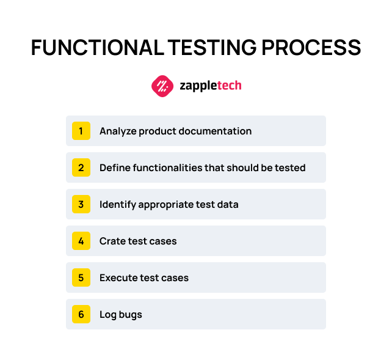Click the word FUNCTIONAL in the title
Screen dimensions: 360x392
(x=95, y=48)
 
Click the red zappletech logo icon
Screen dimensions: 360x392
(x=162, y=86)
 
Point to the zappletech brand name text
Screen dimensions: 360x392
(x=211, y=86)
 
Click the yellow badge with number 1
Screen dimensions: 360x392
(x=81, y=131)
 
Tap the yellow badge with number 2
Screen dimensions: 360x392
(x=81, y=167)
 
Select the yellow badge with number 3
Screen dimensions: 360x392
(x=81, y=204)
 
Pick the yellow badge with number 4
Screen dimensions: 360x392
(x=81, y=241)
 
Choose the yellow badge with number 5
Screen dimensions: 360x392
(x=81, y=277)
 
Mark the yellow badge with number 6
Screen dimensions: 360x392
(x=81, y=314)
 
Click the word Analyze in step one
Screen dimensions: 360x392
(x=117, y=131)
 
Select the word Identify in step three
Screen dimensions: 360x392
(x=117, y=205)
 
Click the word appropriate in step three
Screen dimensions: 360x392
(x=169, y=205)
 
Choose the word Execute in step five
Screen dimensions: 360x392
(x=118, y=277)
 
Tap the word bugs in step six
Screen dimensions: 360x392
(x=131, y=315)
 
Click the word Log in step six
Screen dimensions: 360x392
(x=108, y=315)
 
